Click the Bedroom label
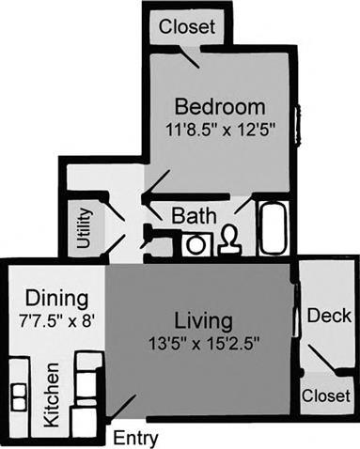tap(219, 103)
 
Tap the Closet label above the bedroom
tap(187, 26)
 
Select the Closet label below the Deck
tap(324, 397)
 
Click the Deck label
tap(329, 316)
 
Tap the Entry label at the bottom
tap(135, 438)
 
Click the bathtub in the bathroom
tap(274, 227)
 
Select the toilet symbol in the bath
tap(229, 241)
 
